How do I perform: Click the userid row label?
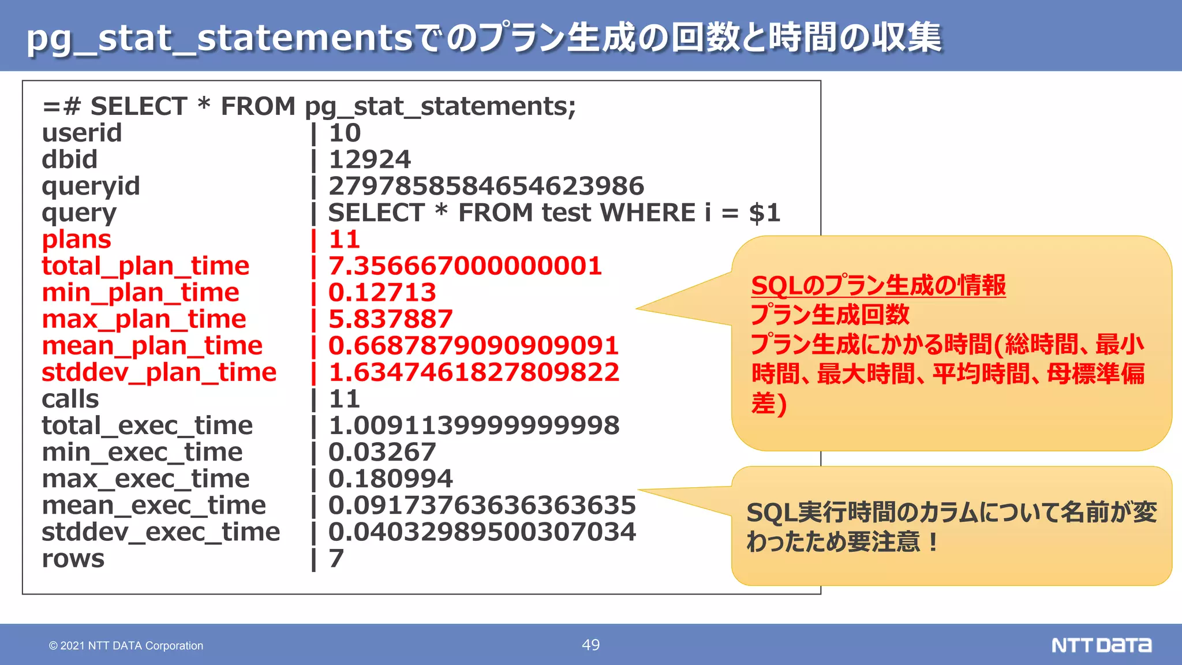pos(82,133)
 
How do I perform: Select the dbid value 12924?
pos(370,160)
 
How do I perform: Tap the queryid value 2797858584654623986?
pos(486,186)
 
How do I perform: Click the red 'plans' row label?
pos(76,240)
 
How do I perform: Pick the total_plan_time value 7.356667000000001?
pos(465,266)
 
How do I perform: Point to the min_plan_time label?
pos(140,293)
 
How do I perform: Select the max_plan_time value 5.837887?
pos(391,319)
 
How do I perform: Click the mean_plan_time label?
pos(152,346)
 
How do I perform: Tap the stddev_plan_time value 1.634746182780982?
pos(474,372)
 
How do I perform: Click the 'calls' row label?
pos(70,399)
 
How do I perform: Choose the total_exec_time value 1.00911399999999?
pos(474,425)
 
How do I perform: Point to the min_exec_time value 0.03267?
pos(382,452)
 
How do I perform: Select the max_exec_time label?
pos(145,479)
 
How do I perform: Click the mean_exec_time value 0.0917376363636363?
pos(482,505)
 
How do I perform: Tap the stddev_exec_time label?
pos(160,532)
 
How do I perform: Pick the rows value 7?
pos(336,558)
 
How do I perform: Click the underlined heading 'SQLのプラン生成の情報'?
pos(878,286)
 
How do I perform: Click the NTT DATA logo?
pos(1101,645)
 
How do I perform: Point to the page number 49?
pos(591,645)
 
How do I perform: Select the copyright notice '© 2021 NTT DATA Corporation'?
pos(126,646)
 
